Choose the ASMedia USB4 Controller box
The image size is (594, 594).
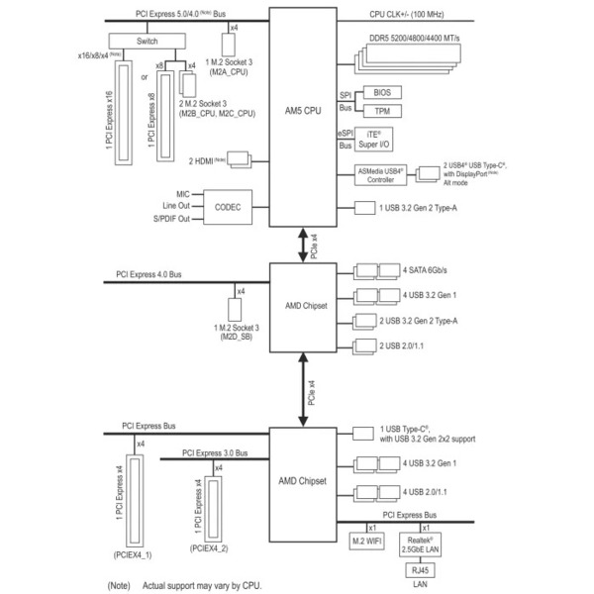[x=381, y=174]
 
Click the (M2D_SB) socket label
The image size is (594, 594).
[x=237, y=336]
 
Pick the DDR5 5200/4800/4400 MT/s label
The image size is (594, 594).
[x=429, y=37]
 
